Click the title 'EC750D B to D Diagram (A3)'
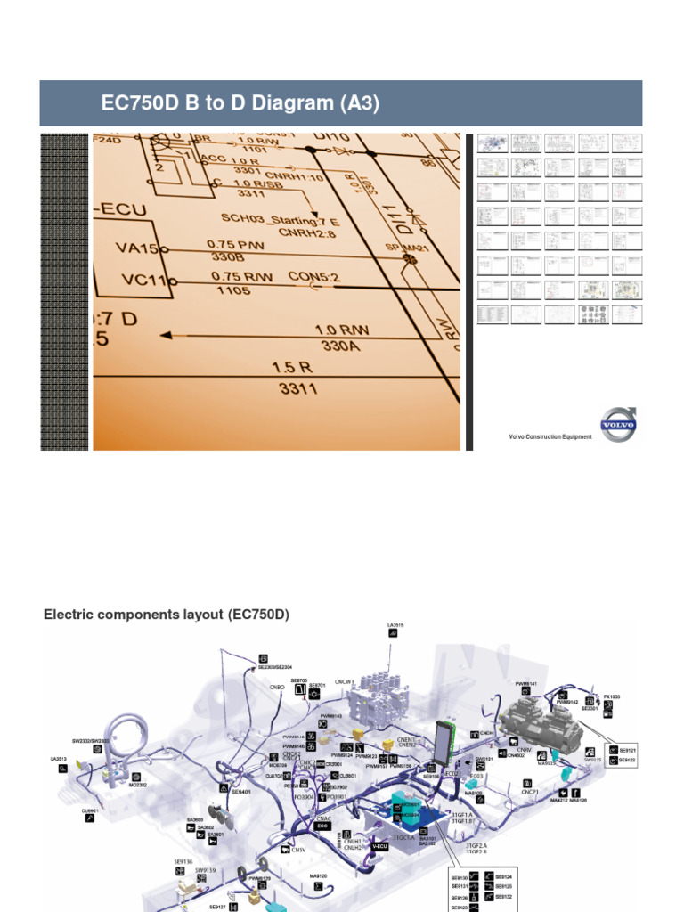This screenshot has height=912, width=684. pyautogui.click(x=240, y=104)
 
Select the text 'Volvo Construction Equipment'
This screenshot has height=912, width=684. pyautogui.click(x=550, y=437)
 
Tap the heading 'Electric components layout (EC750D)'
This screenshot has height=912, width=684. pyautogui.click(x=167, y=615)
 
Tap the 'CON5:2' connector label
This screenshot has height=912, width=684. pyautogui.click(x=314, y=277)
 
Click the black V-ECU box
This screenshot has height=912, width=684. pyautogui.click(x=379, y=845)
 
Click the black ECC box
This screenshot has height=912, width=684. pyautogui.click(x=323, y=826)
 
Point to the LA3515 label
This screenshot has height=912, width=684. pyautogui.click(x=395, y=625)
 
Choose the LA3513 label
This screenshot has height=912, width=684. pyautogui.click(x=60, y=759)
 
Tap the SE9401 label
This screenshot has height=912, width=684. pyautogui.click(x=241, y=791)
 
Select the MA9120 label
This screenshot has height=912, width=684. pyautogui.click(x=319, y=876)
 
